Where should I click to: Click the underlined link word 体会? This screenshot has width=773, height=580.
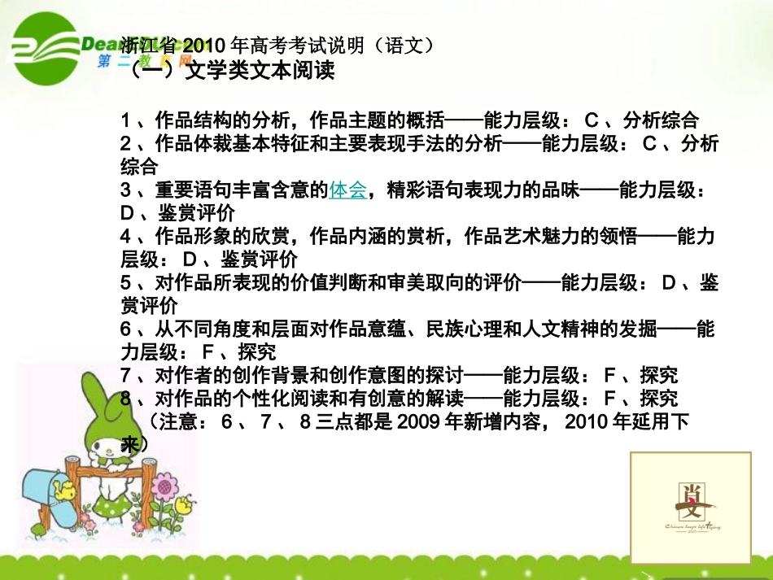click(348, 191)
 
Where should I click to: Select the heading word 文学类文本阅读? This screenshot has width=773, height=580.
click(260, 72)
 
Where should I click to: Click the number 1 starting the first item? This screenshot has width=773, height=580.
click(126, 121)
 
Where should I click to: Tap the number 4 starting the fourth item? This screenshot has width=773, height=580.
click(126, 238)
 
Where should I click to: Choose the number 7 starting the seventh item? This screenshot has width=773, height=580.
click(126, 377)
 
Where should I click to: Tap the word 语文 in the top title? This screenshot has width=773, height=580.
click(404, 45)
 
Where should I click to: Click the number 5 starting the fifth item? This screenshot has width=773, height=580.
click(126, 284)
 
